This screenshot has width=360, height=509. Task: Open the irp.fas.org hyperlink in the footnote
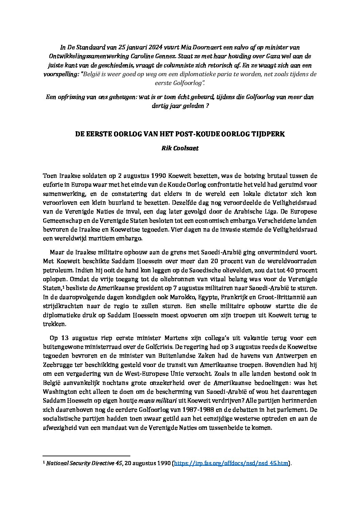[231, 463]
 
